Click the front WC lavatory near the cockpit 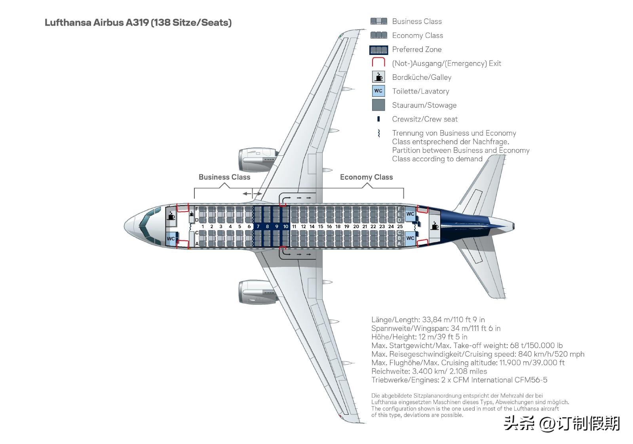point(171,239)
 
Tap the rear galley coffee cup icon point(435,225)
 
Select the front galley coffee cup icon point(171,215)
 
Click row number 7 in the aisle point(258,227)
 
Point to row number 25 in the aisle point(400,227)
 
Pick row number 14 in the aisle point(312,227)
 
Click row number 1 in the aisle point(203,227)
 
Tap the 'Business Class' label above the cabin point(224,177)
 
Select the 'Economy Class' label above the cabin point(366,177)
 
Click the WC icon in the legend point(378,91)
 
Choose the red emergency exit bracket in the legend point(378,63)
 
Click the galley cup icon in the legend point(378,77)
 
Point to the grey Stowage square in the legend point(378,105)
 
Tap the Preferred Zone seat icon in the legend point(378,49)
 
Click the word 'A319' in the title point(137,23)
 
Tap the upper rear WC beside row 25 point(410,214)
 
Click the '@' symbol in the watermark point(546,423)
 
